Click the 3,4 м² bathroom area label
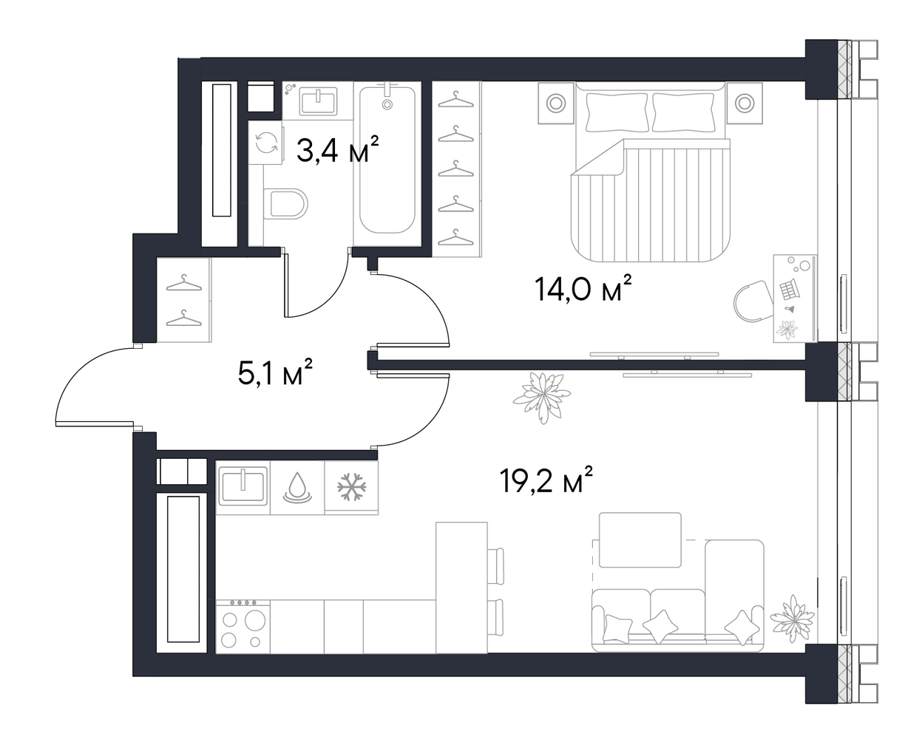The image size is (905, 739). click(338, 149)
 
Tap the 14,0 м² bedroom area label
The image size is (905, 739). click(583, 289)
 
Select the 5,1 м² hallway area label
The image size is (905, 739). click(274, 372)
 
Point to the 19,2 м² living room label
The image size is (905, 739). click(546, 480)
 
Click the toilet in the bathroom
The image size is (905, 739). click(285, 204)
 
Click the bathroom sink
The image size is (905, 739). click(318, 101)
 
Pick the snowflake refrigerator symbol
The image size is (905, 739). click(351, 487)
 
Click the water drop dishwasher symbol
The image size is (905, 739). click(297, 488)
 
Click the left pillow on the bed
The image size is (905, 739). click(617, 112)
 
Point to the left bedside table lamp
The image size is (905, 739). click(556, 103)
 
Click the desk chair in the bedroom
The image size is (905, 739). click(755, 301)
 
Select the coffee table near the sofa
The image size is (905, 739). click(640, 540)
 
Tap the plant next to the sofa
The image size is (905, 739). click(792, 620)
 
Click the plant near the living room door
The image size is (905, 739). click(541, 398)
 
